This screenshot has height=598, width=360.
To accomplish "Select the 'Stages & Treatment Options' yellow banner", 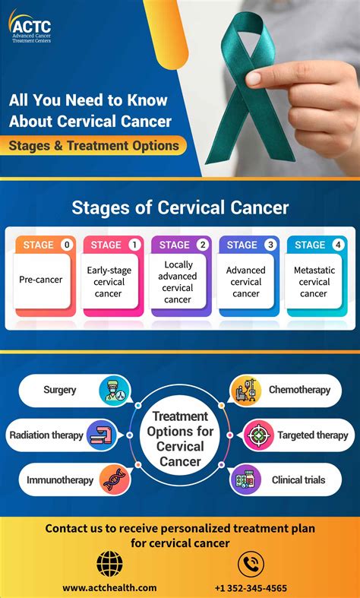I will tap(94, 145).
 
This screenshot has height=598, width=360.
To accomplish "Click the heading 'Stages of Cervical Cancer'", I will tap(180, 207).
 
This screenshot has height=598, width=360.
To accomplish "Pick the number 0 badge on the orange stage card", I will tap(67, 245).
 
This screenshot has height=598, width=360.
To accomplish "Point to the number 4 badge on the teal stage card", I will tap(337, 245).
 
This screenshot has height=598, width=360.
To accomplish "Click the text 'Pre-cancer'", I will tap(41, 280).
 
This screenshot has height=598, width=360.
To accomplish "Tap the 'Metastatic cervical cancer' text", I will tap(314, 281).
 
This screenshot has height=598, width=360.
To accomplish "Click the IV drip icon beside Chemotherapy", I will tap(245, 391).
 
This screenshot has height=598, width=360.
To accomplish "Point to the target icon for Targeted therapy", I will tap(258, 435).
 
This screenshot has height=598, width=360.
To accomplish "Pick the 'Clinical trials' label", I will tap(298, 479).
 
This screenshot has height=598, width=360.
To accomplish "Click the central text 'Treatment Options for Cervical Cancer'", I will tap(180, 438).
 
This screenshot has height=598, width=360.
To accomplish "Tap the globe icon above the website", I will tap(110, 563).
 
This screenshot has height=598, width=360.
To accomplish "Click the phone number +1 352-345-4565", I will tap(251, 587).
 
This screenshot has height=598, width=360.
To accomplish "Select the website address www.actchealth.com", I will tap(109, 587).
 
